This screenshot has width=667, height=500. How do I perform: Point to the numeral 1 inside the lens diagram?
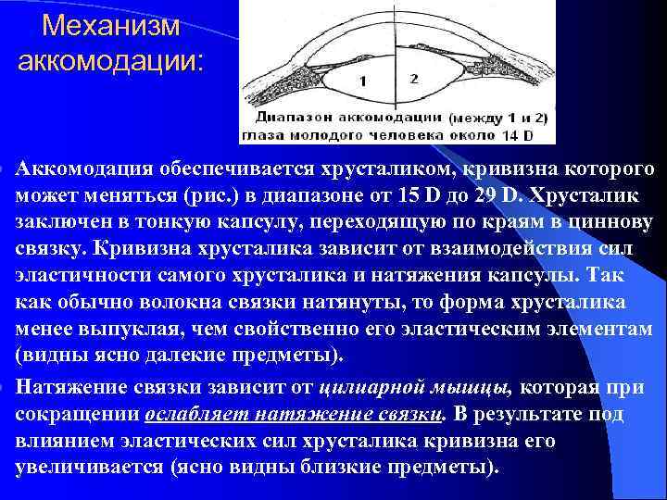[x=363, y=81]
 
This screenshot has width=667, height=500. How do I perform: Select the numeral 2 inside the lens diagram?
[x=413, y=79]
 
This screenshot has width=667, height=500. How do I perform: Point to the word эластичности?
[x=77, y=276]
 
